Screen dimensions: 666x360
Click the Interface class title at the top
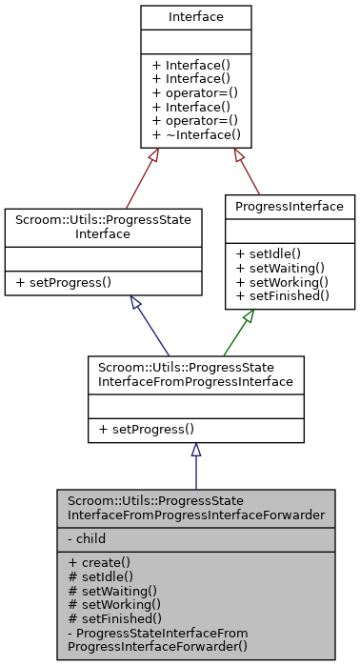point(196,17)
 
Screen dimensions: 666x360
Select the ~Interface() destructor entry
point(196,135)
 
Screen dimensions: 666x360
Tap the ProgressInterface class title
point(290,206)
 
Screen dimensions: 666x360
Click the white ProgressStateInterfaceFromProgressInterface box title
point(195,374)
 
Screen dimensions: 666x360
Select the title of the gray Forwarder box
point(195,509)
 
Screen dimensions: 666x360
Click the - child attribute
point(87,538)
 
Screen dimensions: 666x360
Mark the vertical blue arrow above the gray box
point(195,467)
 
